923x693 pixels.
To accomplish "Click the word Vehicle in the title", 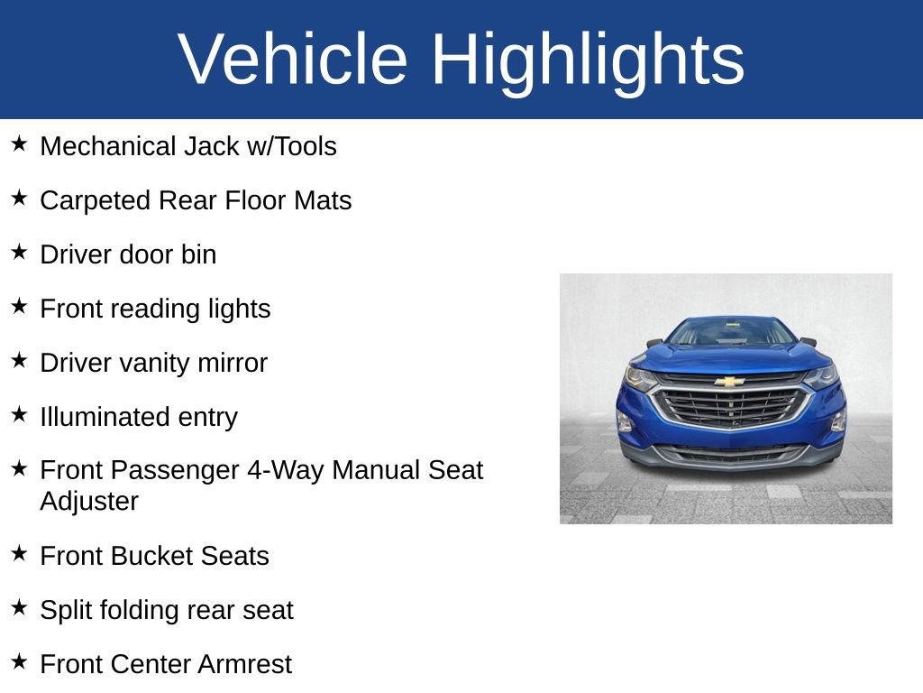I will point(293,60).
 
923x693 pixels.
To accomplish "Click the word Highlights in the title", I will point(588,60).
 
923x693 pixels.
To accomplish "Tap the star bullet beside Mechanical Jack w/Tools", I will point(20,144).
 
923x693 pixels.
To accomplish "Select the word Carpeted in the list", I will point(96,200).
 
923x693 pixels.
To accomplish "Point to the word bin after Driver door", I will point(198,254).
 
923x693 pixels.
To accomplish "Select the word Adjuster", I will point(89,501).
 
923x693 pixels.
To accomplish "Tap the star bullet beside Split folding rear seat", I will point(20,608).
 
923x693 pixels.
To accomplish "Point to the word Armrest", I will point(244,664).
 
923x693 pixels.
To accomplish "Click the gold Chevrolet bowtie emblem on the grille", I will point(729,381).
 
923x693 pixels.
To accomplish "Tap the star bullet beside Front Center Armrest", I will point(20,662).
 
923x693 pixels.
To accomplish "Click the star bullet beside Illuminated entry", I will point(20,415).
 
